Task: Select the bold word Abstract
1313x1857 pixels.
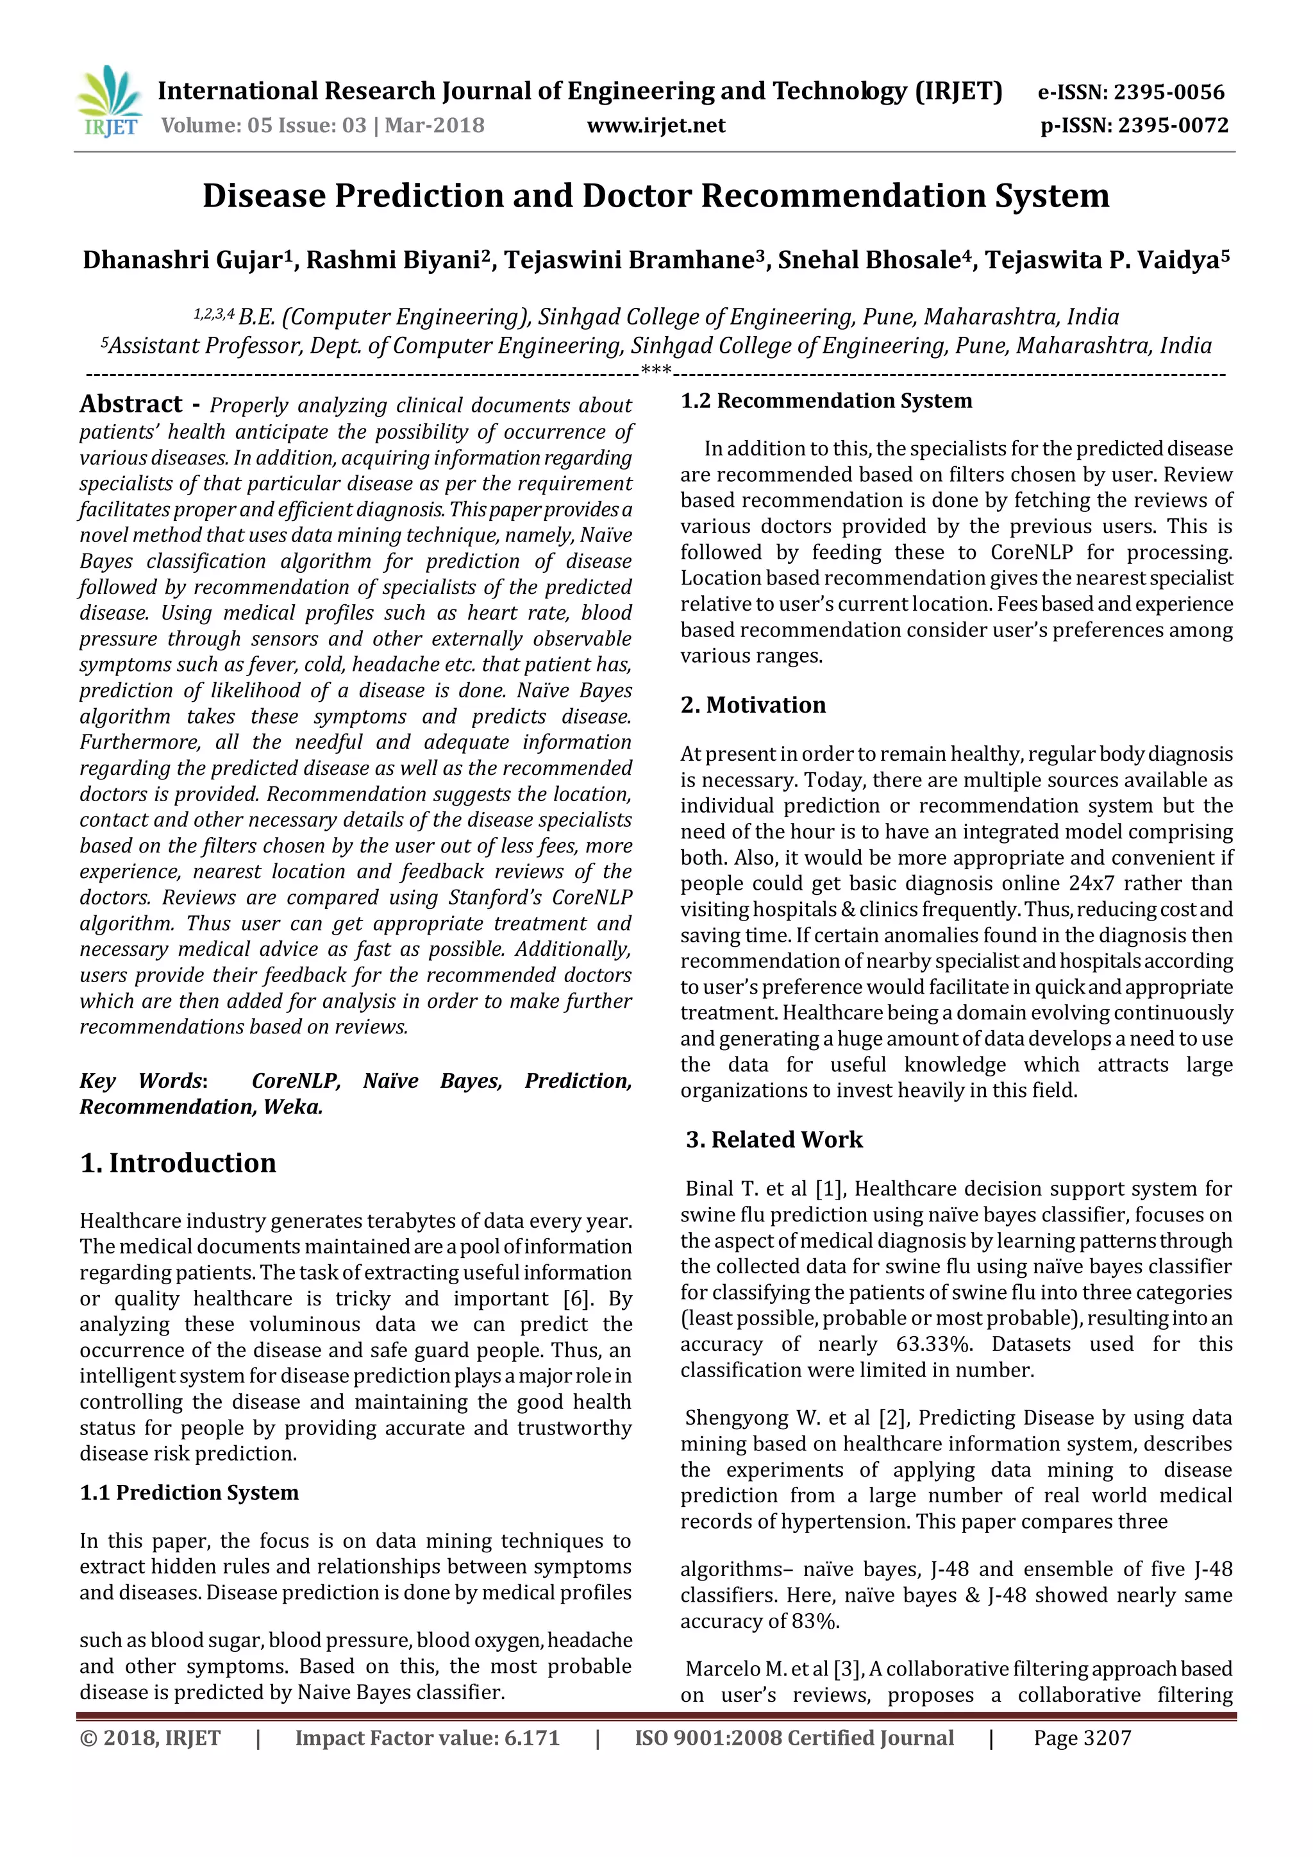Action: pos(131,404)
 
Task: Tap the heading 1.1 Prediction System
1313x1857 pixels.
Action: pos(189,1492)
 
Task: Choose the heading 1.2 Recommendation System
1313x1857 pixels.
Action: pos(826,401)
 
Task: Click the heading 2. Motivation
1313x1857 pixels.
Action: pos(753,705)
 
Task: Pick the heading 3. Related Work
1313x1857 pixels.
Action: pos(774,1140)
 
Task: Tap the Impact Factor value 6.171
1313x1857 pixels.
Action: pos(531,1738)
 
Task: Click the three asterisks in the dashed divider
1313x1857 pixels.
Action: pos(656,371)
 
